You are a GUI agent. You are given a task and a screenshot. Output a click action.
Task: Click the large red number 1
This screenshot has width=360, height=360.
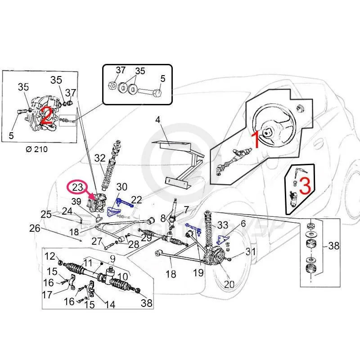pyautogui.click(x=254, y=140)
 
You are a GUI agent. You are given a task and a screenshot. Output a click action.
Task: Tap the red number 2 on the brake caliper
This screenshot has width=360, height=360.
pyautogui.click(x=45, y=116)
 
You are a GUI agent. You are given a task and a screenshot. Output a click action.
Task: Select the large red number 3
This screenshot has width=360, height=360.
pyautogui.click(x=304, y=186)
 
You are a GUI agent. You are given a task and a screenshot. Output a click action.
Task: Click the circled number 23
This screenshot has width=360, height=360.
pyautogui.click(x=77, y=186)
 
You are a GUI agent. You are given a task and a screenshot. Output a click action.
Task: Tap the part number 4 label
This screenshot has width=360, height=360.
pyautogui.click(x=158, y=120)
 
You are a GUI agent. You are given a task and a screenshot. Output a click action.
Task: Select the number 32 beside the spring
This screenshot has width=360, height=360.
pyautogui.click(x=100, y=158)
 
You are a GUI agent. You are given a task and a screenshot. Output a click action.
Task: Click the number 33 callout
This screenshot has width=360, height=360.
pyautogui.click(x=222, y=225)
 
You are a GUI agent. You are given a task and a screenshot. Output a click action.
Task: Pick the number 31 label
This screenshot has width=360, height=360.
pyautogui.click(x=251, y=252)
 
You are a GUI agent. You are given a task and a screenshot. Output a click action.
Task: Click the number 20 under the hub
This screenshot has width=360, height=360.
pyautogui.click(x=229, y=284)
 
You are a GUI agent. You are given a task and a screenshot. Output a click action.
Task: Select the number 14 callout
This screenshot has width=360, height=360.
pyautogui.click(x=110, y=305)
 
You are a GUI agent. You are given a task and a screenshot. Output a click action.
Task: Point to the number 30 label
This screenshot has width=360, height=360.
pyautogui.click(x=121, y=187)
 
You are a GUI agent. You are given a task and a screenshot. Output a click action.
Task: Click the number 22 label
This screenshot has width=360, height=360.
pyautogui.click(x=137, y=200)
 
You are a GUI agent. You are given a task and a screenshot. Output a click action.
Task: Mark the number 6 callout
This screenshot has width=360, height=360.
pyautogui.click(x=243, y=223)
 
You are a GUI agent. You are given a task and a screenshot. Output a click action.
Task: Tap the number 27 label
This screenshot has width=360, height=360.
pyautogui.click(x=97, y=241)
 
